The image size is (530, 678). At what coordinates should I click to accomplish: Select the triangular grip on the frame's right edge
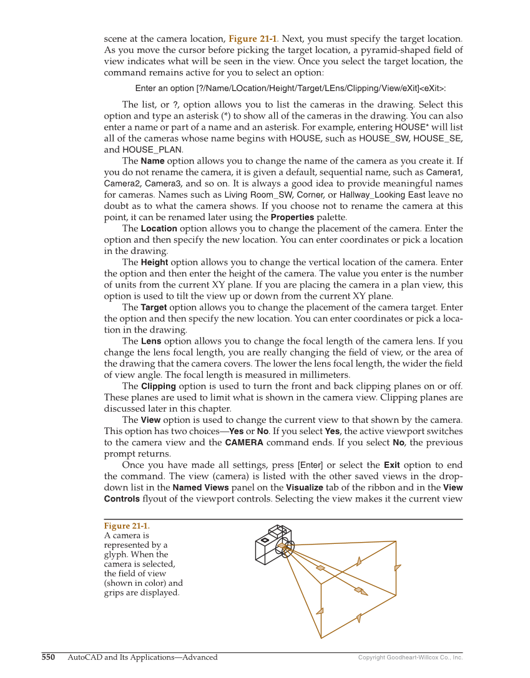click(397, 568)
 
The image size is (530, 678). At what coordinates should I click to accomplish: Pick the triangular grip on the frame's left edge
click(320, 611)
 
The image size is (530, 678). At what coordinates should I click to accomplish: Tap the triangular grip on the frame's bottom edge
click(359, 618)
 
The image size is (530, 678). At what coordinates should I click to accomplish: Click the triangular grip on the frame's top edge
click(359, 561)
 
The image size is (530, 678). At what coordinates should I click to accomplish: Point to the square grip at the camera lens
click(282, 546)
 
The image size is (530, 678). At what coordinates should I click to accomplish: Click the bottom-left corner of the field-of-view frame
click(321, 637)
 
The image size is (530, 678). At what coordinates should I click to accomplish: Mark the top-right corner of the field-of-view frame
click(396, 541)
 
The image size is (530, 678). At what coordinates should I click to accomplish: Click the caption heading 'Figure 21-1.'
click(127, 526)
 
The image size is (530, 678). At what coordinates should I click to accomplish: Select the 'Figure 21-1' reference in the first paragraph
click(253, 39)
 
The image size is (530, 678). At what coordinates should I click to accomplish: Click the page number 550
click(49, 657)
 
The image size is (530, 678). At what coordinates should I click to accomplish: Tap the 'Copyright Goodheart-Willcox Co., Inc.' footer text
click(410, 657)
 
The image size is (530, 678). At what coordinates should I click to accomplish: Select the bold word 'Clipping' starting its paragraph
click(158, 386)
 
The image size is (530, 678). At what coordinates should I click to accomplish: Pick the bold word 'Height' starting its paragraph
click(154, 263)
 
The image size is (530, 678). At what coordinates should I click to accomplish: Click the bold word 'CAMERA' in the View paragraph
click(243, 443)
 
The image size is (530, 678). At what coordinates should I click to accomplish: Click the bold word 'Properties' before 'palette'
click(293, 217)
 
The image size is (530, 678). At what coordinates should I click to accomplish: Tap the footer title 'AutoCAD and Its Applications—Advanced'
click(142, 657)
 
